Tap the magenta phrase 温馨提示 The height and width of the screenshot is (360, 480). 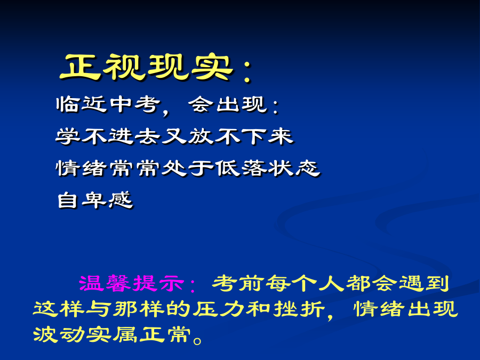(x=131, y=283)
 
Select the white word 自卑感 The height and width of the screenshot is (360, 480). (x=95, y=200)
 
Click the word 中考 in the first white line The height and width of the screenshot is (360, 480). (x=135, y=105)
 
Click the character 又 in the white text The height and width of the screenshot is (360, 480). (x=174, y=137)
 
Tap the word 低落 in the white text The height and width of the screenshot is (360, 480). (x=241, y=169)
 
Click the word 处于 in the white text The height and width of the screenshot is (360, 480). (x=188, y=169)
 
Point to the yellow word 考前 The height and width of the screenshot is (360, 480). (x=238, y=283)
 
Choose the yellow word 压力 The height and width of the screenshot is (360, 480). (x=219, y=309)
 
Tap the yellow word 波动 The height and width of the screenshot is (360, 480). (x=59, y=334)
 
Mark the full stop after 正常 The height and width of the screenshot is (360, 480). (x=198, y=340)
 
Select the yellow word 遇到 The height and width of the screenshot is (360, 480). (x=425, y=283)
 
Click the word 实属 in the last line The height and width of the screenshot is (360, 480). (x=112, y=334)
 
